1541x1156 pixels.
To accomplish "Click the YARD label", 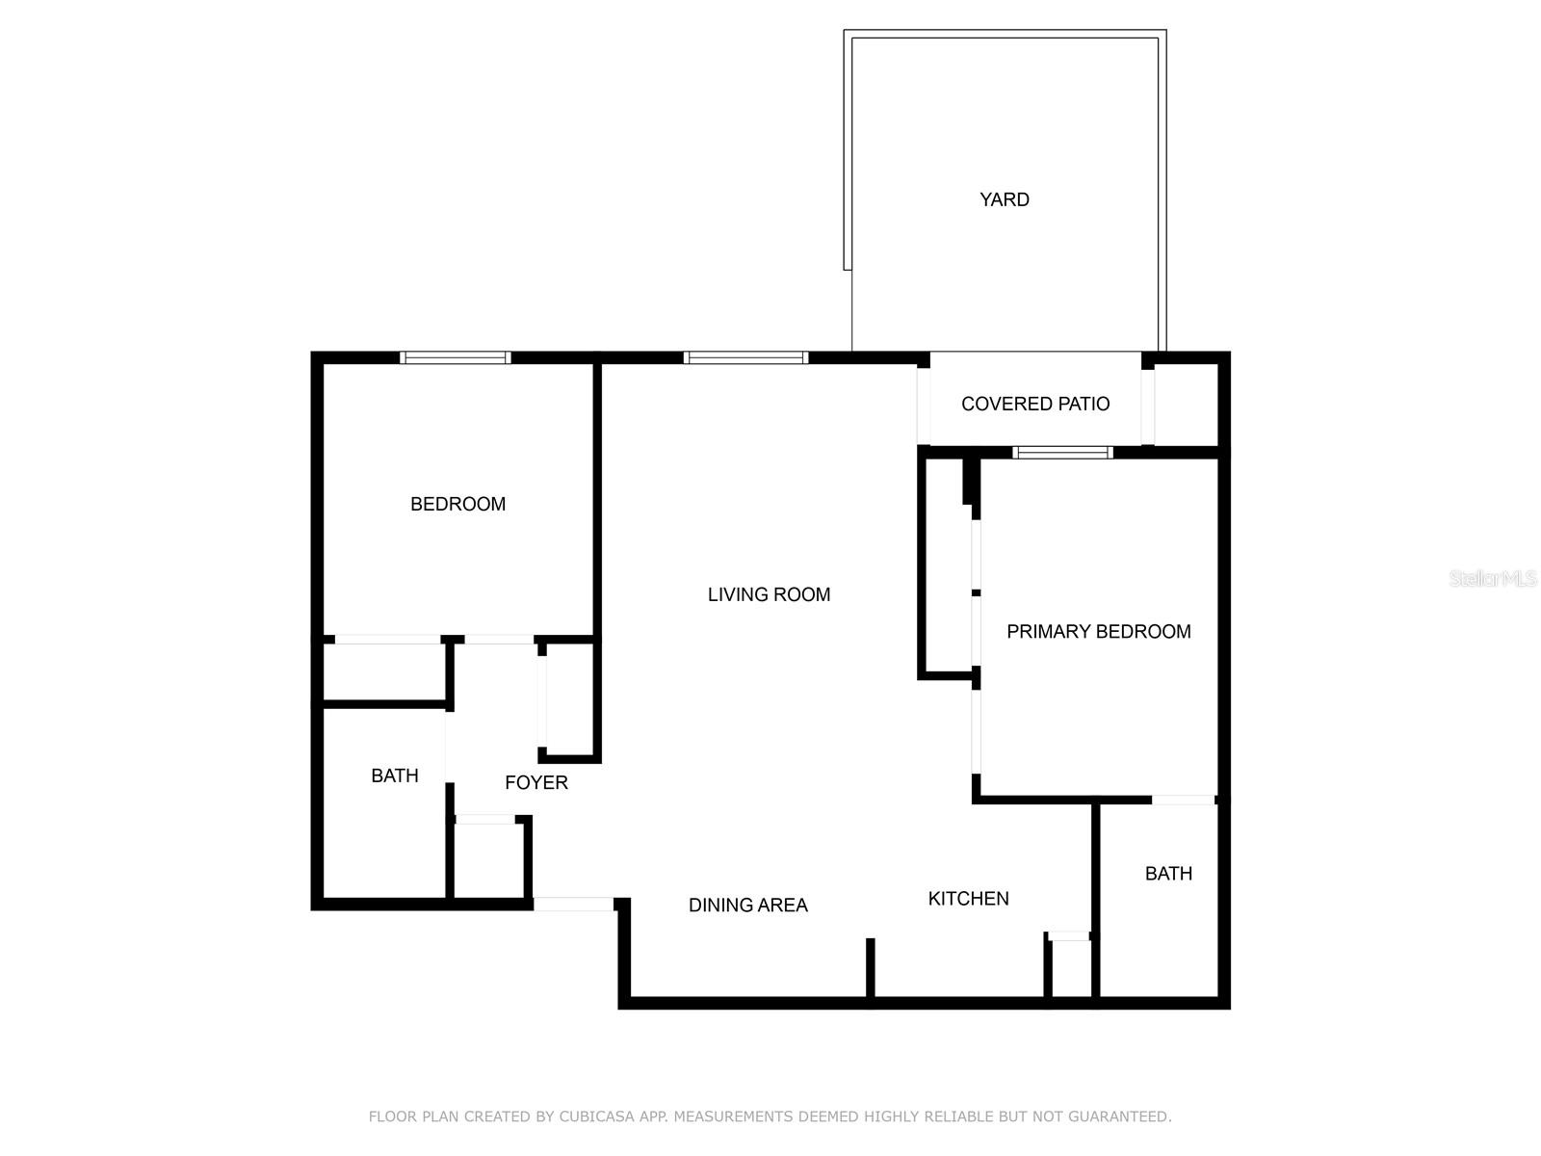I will pyautogui.click(x=1005, y=199).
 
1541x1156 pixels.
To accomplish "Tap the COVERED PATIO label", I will pyautogui.click(x=1035, y=404).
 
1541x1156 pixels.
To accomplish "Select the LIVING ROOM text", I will pyautogui.click(x=769, y=594).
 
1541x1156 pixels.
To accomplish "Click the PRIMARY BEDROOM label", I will pyautogui.click(x=1098, y=631).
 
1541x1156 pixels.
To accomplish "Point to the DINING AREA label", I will pyautogui.click(x=747, y=905).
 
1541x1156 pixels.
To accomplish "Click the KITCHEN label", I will pyautogui.click(x=968, y=898).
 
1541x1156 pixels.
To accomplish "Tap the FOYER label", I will pyautogui.click(x=535, y=782).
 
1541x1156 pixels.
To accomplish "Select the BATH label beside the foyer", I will pyautogui.click(x=395, y=775).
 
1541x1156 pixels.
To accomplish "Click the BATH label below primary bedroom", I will pyautogui.click(x=1168, y=873).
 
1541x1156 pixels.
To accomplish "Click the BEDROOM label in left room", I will pyautogui.click(x=457, y=504).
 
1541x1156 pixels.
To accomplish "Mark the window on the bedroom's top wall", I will pyautogui.click(x=455, y=357).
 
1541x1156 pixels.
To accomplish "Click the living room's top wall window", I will pyautogui.click(x=745, y=357).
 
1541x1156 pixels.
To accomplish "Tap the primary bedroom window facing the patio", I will pyautogui.click(x=1062, y=452).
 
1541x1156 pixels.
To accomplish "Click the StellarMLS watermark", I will pyautogui.click(x=1492, y=578).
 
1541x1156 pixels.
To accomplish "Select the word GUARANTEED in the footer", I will pyautogui.click(x=1122, y=1117).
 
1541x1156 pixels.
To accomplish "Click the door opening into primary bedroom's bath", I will pyautogui.click(x=1183, y=800).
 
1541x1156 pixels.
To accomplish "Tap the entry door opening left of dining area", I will pyautogui.click(x=573, y=904).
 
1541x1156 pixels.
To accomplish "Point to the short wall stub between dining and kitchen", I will pyautogui.click(x=870, y=967).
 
